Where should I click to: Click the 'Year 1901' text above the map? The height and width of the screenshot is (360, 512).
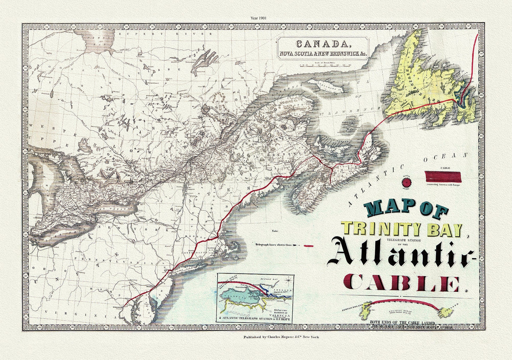tap(256, 17)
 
